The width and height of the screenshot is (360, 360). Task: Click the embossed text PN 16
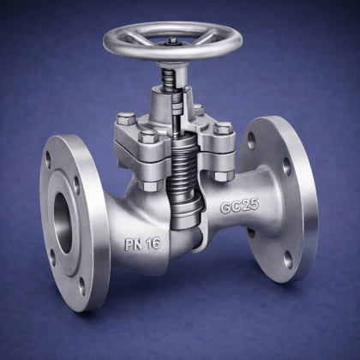[x=142, y=244]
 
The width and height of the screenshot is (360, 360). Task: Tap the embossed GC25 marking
[x=239, y=206]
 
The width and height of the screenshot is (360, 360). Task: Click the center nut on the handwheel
[x=172, y=41]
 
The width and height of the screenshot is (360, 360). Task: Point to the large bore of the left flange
[x=63, y=222]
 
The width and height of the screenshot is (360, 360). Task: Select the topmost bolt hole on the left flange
[x=48, y=161]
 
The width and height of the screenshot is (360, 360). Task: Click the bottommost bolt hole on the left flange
[x=82, y=286]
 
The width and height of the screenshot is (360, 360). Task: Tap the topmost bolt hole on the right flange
[x=251, y=141]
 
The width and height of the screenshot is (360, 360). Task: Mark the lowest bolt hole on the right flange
[x=289, y=260]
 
